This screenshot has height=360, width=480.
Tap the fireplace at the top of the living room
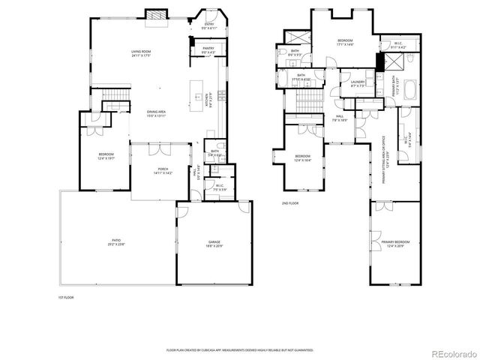(154, 14)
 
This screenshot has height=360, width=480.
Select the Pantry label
(208, 50)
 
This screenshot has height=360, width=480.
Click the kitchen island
(199, 84)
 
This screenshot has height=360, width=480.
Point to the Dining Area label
(155, 112)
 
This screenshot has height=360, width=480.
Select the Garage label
(214, 242)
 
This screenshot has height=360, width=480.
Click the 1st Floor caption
(66, 298)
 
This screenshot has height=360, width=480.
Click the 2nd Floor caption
(289, 203)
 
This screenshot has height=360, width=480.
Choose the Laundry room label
(357, 82)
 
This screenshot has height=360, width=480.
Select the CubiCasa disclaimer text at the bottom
(240, 349)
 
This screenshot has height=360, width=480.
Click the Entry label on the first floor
(209, 25)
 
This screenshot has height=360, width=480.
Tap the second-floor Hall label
(339, 117)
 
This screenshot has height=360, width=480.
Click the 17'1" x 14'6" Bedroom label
(345, 42)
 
